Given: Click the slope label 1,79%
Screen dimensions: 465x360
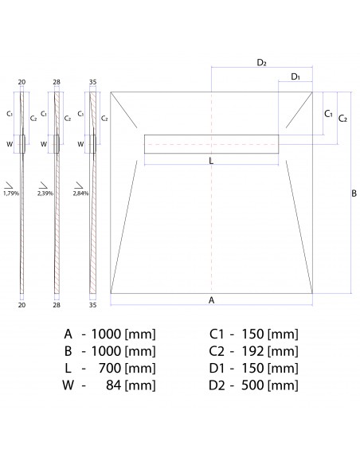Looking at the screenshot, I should click(x=11, y=193).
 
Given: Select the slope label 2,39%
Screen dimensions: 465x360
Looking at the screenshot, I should click(x=46, y=193).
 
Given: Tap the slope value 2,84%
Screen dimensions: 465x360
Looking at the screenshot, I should click(x=80, y=193).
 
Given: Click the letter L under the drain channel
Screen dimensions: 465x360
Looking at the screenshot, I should click(x=210, y=160).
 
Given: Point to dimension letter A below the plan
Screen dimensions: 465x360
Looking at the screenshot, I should click(x=211, y=300).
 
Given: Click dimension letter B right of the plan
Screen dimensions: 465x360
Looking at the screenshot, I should click(x=354, y=193).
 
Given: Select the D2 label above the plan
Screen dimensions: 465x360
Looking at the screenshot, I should click(x=261, y=61).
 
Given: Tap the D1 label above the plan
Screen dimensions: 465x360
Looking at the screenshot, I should click(x=295, y=76).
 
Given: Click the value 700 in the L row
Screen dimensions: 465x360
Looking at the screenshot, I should click(x=107, y=368).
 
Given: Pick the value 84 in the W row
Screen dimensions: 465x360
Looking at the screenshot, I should click(x=112, y=385).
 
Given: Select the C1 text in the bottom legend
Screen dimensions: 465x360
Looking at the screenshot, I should click(x=216, y=333).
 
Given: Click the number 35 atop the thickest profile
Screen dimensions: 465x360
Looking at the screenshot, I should click(x=92, y=82).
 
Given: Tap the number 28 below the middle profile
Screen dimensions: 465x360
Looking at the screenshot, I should click(x=57, y=304).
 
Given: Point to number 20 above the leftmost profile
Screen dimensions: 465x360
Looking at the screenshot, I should click(x=22, y=82).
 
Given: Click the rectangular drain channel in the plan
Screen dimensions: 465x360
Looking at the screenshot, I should click(x=212, y=143).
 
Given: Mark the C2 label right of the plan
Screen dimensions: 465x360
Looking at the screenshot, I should click(x=342, y=119).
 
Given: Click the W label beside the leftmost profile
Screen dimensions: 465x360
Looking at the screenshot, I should click(x=10, y=144).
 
